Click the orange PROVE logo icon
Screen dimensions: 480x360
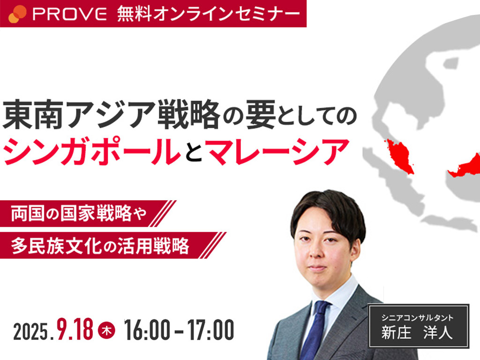point(17,14)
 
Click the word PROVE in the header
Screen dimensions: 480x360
point(70,14)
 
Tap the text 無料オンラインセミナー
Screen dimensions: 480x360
point(209,14)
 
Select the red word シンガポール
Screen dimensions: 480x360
point(92,152)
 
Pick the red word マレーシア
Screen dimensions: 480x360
point(277,152)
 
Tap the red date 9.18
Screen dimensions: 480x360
point(75,329)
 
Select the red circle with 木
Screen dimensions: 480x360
point(106,330)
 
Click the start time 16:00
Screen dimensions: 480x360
point(147,330)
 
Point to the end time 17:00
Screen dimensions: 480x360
point(211,330)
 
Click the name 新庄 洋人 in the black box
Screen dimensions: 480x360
point(417,332)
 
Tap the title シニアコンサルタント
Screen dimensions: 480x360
point(417,317)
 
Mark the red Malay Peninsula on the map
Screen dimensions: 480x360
point(400,156)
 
